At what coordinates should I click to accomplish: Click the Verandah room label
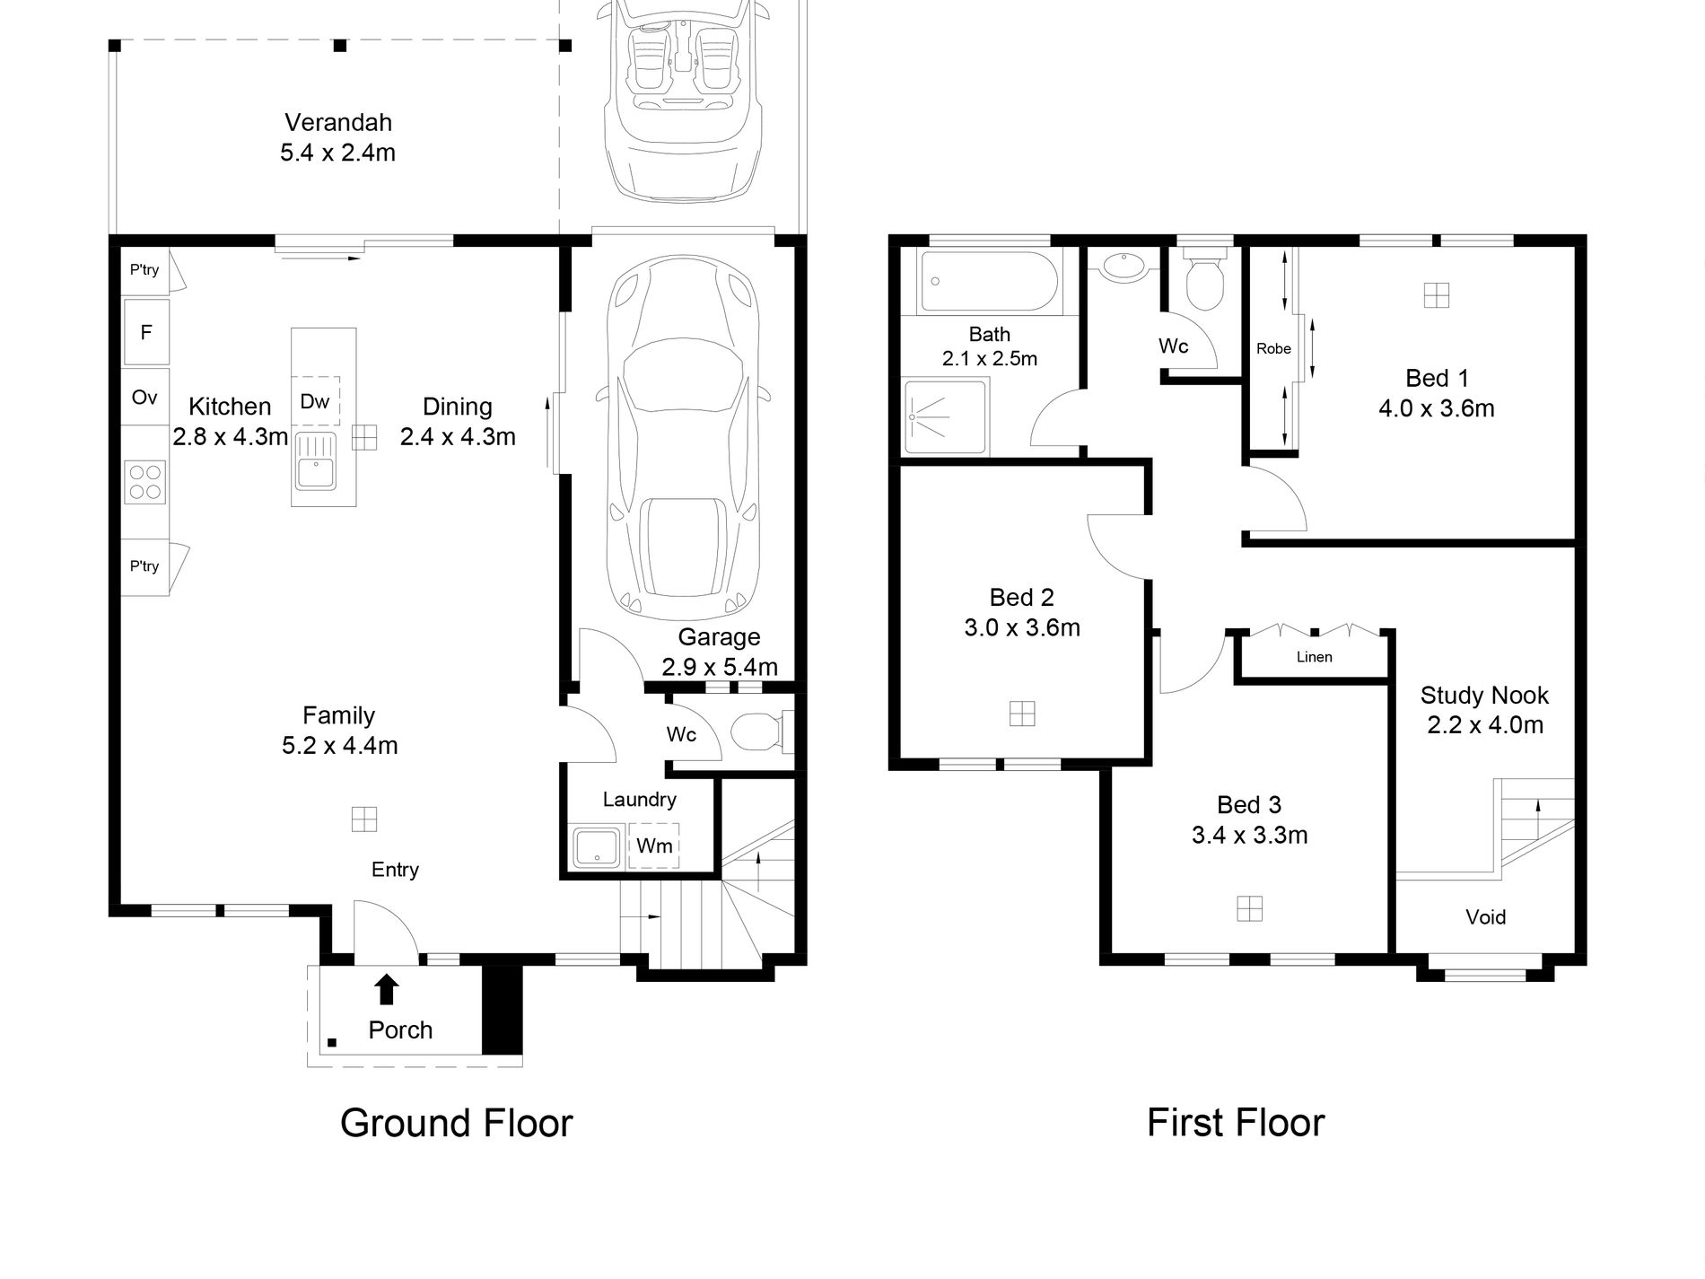click(338, 123)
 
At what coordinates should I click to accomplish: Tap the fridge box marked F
click(145, 333)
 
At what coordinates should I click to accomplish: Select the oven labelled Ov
click(144, 398)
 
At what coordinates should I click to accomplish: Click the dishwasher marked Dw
click(315, 401)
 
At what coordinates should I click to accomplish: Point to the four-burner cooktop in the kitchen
click(144, 480)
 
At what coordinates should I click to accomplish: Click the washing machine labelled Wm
click(654, 845)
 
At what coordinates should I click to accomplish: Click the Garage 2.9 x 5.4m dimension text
click(720, 667)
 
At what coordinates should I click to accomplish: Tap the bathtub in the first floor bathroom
click(988, 282)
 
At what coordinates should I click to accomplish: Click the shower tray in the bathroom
click(946, 417)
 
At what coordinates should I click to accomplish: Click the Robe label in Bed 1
click(1273, 349)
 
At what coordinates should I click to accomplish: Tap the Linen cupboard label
click(1314, 657)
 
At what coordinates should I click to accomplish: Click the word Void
click(1485, 917)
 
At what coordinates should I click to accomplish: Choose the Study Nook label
click(1484, 696)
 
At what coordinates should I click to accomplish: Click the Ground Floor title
click(456, 1124)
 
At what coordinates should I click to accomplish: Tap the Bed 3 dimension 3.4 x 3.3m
click(1249, 836)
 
